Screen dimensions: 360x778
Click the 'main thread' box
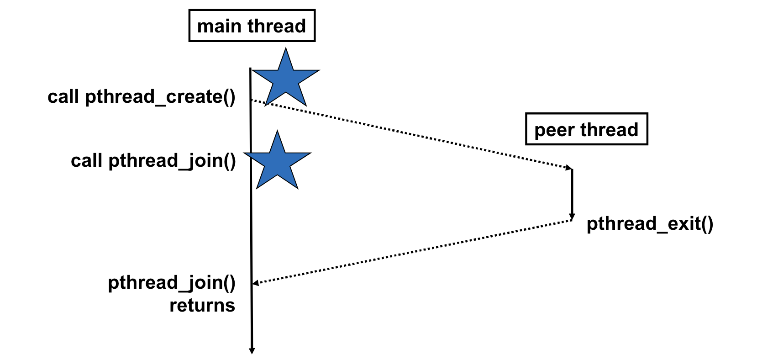[252, 26]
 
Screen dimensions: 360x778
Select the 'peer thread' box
[586, 129]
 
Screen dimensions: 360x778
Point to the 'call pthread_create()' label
[142, 97]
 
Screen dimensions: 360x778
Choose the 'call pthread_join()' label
[153, 161]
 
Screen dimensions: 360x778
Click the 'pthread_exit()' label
[650, 223]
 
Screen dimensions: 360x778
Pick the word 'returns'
[202, 305]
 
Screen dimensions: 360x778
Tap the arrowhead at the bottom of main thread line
[252, 350]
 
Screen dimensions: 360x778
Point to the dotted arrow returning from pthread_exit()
[411, 252]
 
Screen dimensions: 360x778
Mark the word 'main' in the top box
[219, 26]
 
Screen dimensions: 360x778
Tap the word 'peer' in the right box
[554, 130]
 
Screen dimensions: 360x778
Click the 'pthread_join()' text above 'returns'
[172, 283]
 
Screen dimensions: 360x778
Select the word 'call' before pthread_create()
[64, 97]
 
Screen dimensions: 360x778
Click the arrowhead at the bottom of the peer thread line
[572, 217]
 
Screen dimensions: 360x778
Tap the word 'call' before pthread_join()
[87, 161]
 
